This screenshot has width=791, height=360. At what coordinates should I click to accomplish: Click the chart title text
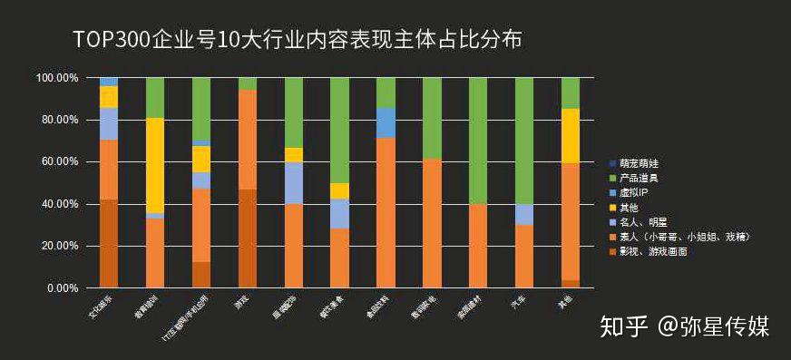pos(299,40)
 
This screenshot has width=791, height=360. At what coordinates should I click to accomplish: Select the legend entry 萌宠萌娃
pos(646,163)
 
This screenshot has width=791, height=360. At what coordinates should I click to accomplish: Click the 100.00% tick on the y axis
pos(56,78)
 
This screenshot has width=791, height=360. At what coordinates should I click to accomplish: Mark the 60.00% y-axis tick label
pos(59,162)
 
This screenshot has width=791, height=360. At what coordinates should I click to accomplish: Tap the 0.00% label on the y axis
pos(62,288)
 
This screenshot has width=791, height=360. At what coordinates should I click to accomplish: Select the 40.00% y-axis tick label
pos(59,204)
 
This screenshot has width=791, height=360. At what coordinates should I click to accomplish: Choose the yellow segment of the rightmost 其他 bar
pos(571,136)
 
